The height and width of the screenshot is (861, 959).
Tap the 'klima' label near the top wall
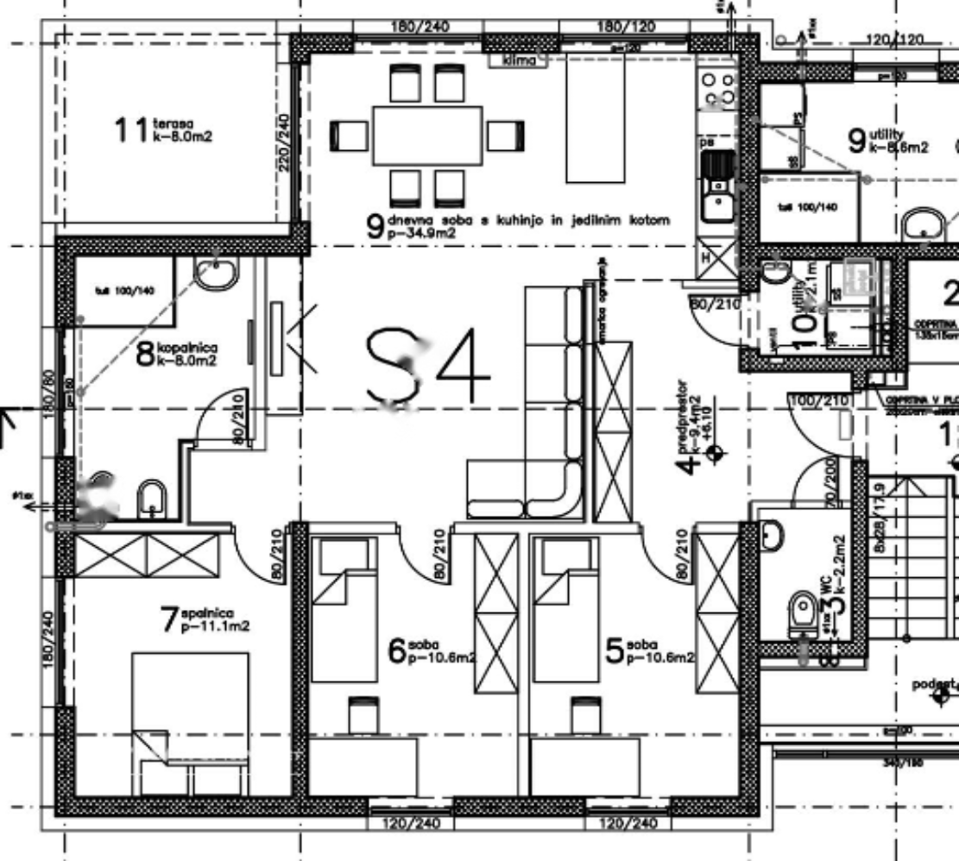click(x=520, y=60)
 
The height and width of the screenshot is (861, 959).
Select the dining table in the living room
click(x=427, y=135)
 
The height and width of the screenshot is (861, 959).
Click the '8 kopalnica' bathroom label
click(x=178, y=352)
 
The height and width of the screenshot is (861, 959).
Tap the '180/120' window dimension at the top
click(x=626, y=27)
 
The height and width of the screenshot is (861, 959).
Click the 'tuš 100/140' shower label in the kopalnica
click(x=124, y=291)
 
